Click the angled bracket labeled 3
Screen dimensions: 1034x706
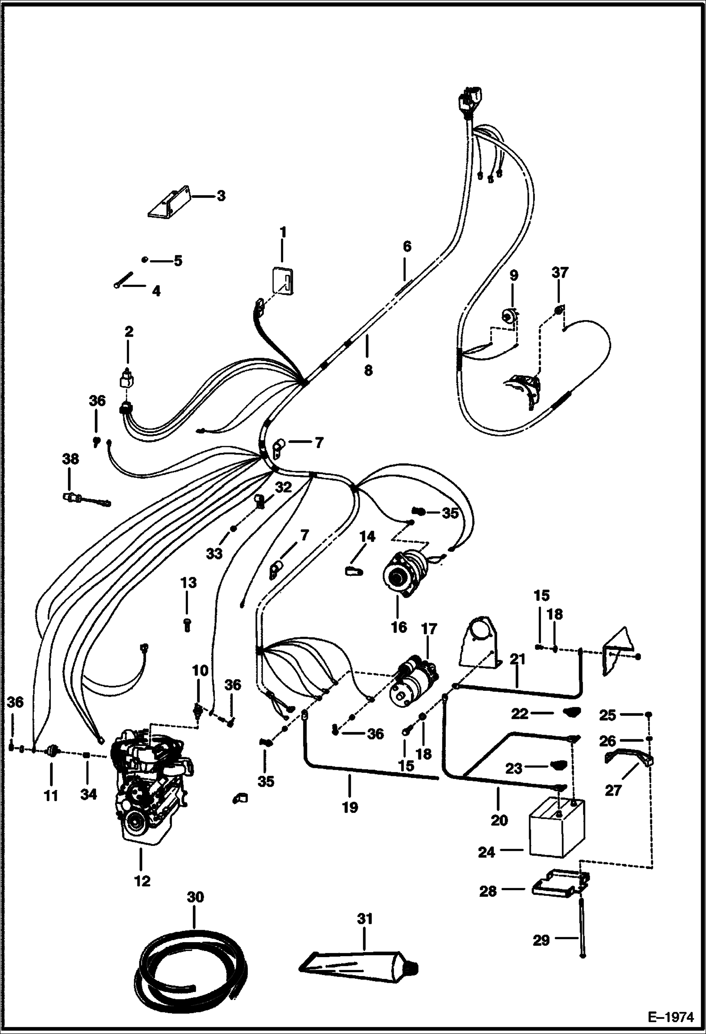(x=170, y=204)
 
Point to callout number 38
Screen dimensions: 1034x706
(x=70, y=459)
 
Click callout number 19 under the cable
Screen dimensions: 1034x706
(x=350, y=807)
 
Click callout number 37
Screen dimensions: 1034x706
(x=560, y=272)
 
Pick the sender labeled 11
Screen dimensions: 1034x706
(x=51, y=750)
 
